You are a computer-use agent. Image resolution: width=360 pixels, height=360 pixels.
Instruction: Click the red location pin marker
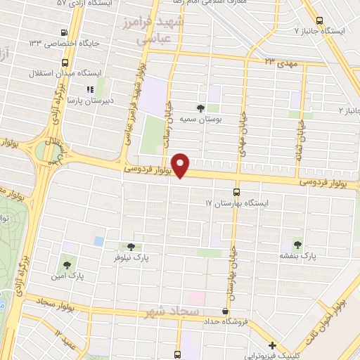[181, 165]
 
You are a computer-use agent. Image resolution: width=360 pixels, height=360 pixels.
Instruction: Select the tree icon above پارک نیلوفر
[129, 246]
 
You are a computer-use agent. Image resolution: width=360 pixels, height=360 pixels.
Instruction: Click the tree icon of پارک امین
[67, 265]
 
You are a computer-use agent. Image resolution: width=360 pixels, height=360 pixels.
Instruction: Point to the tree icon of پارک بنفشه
[296, 244]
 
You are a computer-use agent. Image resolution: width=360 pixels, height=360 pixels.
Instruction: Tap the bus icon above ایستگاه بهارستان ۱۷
[236, 191]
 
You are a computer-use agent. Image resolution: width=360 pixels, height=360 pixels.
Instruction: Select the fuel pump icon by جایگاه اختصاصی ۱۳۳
[65, 32]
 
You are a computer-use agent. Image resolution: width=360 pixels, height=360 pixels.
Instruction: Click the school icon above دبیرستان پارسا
[89, 89]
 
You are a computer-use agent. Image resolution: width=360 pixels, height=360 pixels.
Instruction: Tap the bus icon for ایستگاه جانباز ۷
[320, 20]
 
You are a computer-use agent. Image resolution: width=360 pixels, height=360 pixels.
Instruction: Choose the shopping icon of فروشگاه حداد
[225, 311]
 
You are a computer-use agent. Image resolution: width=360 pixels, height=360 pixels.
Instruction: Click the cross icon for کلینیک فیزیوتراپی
[272, 345]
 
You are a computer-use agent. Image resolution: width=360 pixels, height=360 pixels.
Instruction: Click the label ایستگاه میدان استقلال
[67, 73]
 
